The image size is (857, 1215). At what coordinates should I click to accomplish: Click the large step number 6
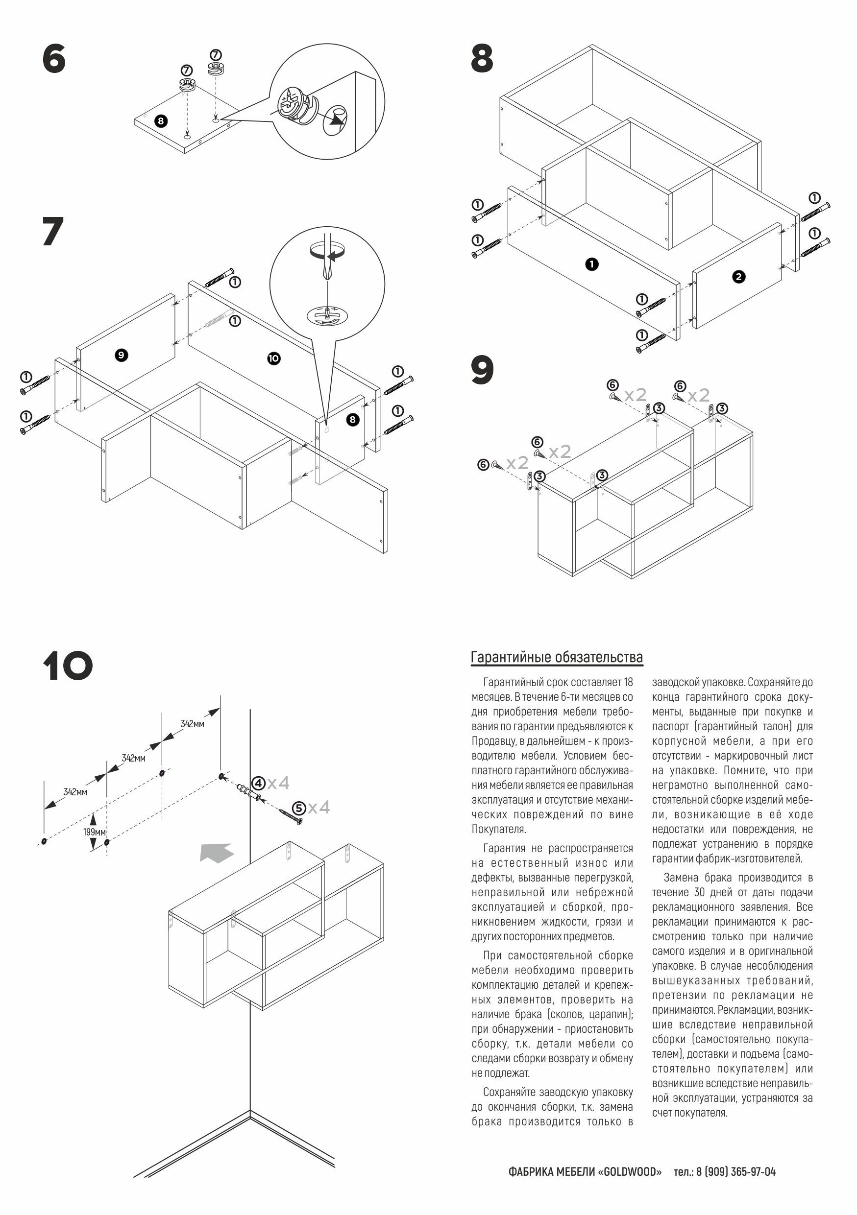pyautogui.click(x=54, y=59)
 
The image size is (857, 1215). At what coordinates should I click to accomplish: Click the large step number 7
pyautogui.click(x=53, y=231)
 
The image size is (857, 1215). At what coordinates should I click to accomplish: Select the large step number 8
pyautogui.click(x=482, y=59)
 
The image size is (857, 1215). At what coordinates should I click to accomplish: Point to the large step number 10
pyautogui.click(x=68, y=666)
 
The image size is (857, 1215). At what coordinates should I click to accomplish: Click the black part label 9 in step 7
pyautogui.click(x=121, y=355)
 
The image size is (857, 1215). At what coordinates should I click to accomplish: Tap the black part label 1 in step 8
pyautogui.click(x=591, y=264)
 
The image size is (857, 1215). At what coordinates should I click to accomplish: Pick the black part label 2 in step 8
pyautogui.click(x=738, y=276)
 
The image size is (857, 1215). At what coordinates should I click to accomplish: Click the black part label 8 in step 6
pyautogui.click(x=160, y=120)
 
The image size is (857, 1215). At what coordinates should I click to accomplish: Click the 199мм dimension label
pyautogui.click(x=94, y=832)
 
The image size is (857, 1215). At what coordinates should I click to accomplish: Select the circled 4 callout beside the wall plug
pyautogui.click(x=258, y=783)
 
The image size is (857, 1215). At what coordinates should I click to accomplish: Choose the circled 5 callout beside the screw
pyautogui.click(x=299, y=808)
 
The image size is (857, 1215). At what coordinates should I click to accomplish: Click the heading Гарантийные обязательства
pyautogui.click(x=557, y=657)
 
